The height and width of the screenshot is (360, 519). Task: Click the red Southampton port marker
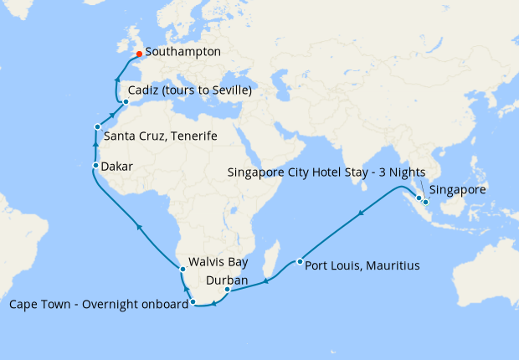coord(139,53)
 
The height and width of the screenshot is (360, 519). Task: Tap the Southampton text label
coord(183,52)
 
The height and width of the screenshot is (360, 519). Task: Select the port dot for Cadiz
coord(126,103)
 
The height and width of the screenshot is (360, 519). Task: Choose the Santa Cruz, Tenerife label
coord(161,136)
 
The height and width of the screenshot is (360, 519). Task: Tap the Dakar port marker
coord(95,167)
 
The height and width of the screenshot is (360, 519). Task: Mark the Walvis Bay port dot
coord(181,268)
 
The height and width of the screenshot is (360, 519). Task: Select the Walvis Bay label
coord(219,260)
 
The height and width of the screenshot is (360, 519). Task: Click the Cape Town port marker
coord(193,301)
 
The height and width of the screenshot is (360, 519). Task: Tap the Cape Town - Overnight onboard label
coord(98,304)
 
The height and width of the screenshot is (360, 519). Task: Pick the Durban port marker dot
coord(228,290)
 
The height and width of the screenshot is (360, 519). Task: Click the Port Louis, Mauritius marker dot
coord(300,262)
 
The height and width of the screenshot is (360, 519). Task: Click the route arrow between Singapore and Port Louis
coord(361,213)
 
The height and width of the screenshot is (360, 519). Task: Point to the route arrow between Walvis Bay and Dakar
coord(140,226)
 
